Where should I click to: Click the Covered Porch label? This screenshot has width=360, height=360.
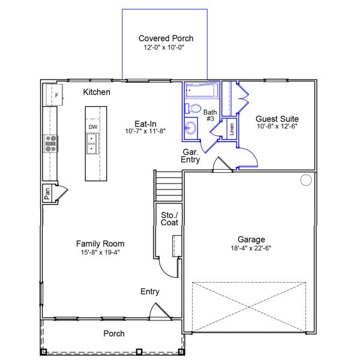166,38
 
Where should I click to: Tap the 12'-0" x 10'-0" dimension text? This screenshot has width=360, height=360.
164,47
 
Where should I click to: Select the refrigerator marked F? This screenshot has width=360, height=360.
55,95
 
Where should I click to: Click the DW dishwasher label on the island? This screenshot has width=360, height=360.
93,127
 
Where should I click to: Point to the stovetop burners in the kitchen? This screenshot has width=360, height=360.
51,144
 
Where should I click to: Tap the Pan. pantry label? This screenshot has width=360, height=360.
47,193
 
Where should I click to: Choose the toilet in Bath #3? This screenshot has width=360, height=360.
193,109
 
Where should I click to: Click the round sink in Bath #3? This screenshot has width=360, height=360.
191,128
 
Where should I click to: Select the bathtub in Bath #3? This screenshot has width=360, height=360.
202,91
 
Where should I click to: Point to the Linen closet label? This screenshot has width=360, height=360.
232,129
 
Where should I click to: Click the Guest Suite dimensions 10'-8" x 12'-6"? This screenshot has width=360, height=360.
277,126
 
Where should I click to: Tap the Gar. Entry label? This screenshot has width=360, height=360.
190,155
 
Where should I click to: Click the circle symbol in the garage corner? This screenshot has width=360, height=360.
306,180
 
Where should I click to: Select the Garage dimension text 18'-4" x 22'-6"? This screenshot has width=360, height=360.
251,248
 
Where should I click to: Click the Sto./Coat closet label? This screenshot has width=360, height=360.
169,219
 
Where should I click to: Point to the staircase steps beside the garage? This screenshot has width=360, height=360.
169,186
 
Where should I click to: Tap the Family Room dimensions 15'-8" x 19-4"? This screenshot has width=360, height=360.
100,253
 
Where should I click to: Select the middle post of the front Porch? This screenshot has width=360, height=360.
139,352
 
